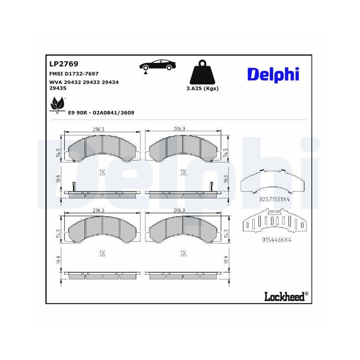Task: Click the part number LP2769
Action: [58, 64]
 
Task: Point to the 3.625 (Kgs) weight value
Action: [203, 89]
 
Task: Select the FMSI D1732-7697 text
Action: [73, 73]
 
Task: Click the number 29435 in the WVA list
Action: [58, 88]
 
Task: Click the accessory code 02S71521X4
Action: [274, 199]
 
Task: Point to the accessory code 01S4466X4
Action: [274, 240]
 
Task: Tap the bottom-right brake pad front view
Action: [183, 229]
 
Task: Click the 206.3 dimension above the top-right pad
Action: [179, 129]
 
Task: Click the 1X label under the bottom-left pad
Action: [102, 253]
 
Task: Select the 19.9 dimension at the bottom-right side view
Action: [226, 260]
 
